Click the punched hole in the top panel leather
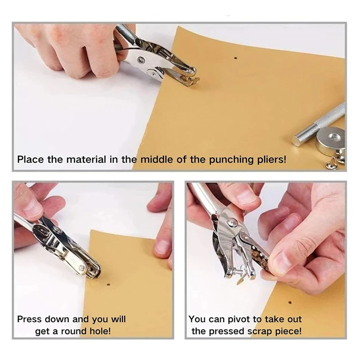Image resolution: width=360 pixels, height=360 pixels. (x=235, y=58)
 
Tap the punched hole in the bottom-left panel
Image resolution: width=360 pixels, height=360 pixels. (x=108, y=285)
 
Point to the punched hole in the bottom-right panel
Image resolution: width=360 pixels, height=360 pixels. (x=290, y=302)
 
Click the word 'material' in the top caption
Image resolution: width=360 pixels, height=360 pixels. (x=86, y=159)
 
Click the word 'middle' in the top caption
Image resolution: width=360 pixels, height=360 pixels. (x=157, y=159)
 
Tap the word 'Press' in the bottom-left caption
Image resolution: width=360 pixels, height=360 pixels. (x=30, y=319)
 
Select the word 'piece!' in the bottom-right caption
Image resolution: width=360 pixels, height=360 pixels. (x=288, y=331)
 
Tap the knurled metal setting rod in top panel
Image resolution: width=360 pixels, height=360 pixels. (x=319, y=125)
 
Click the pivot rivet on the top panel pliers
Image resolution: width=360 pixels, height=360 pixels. (x=140, y=60)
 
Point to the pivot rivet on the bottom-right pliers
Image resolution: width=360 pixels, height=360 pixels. (x=231, y=222)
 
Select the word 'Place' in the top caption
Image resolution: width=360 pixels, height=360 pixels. (x=31, y=159)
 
